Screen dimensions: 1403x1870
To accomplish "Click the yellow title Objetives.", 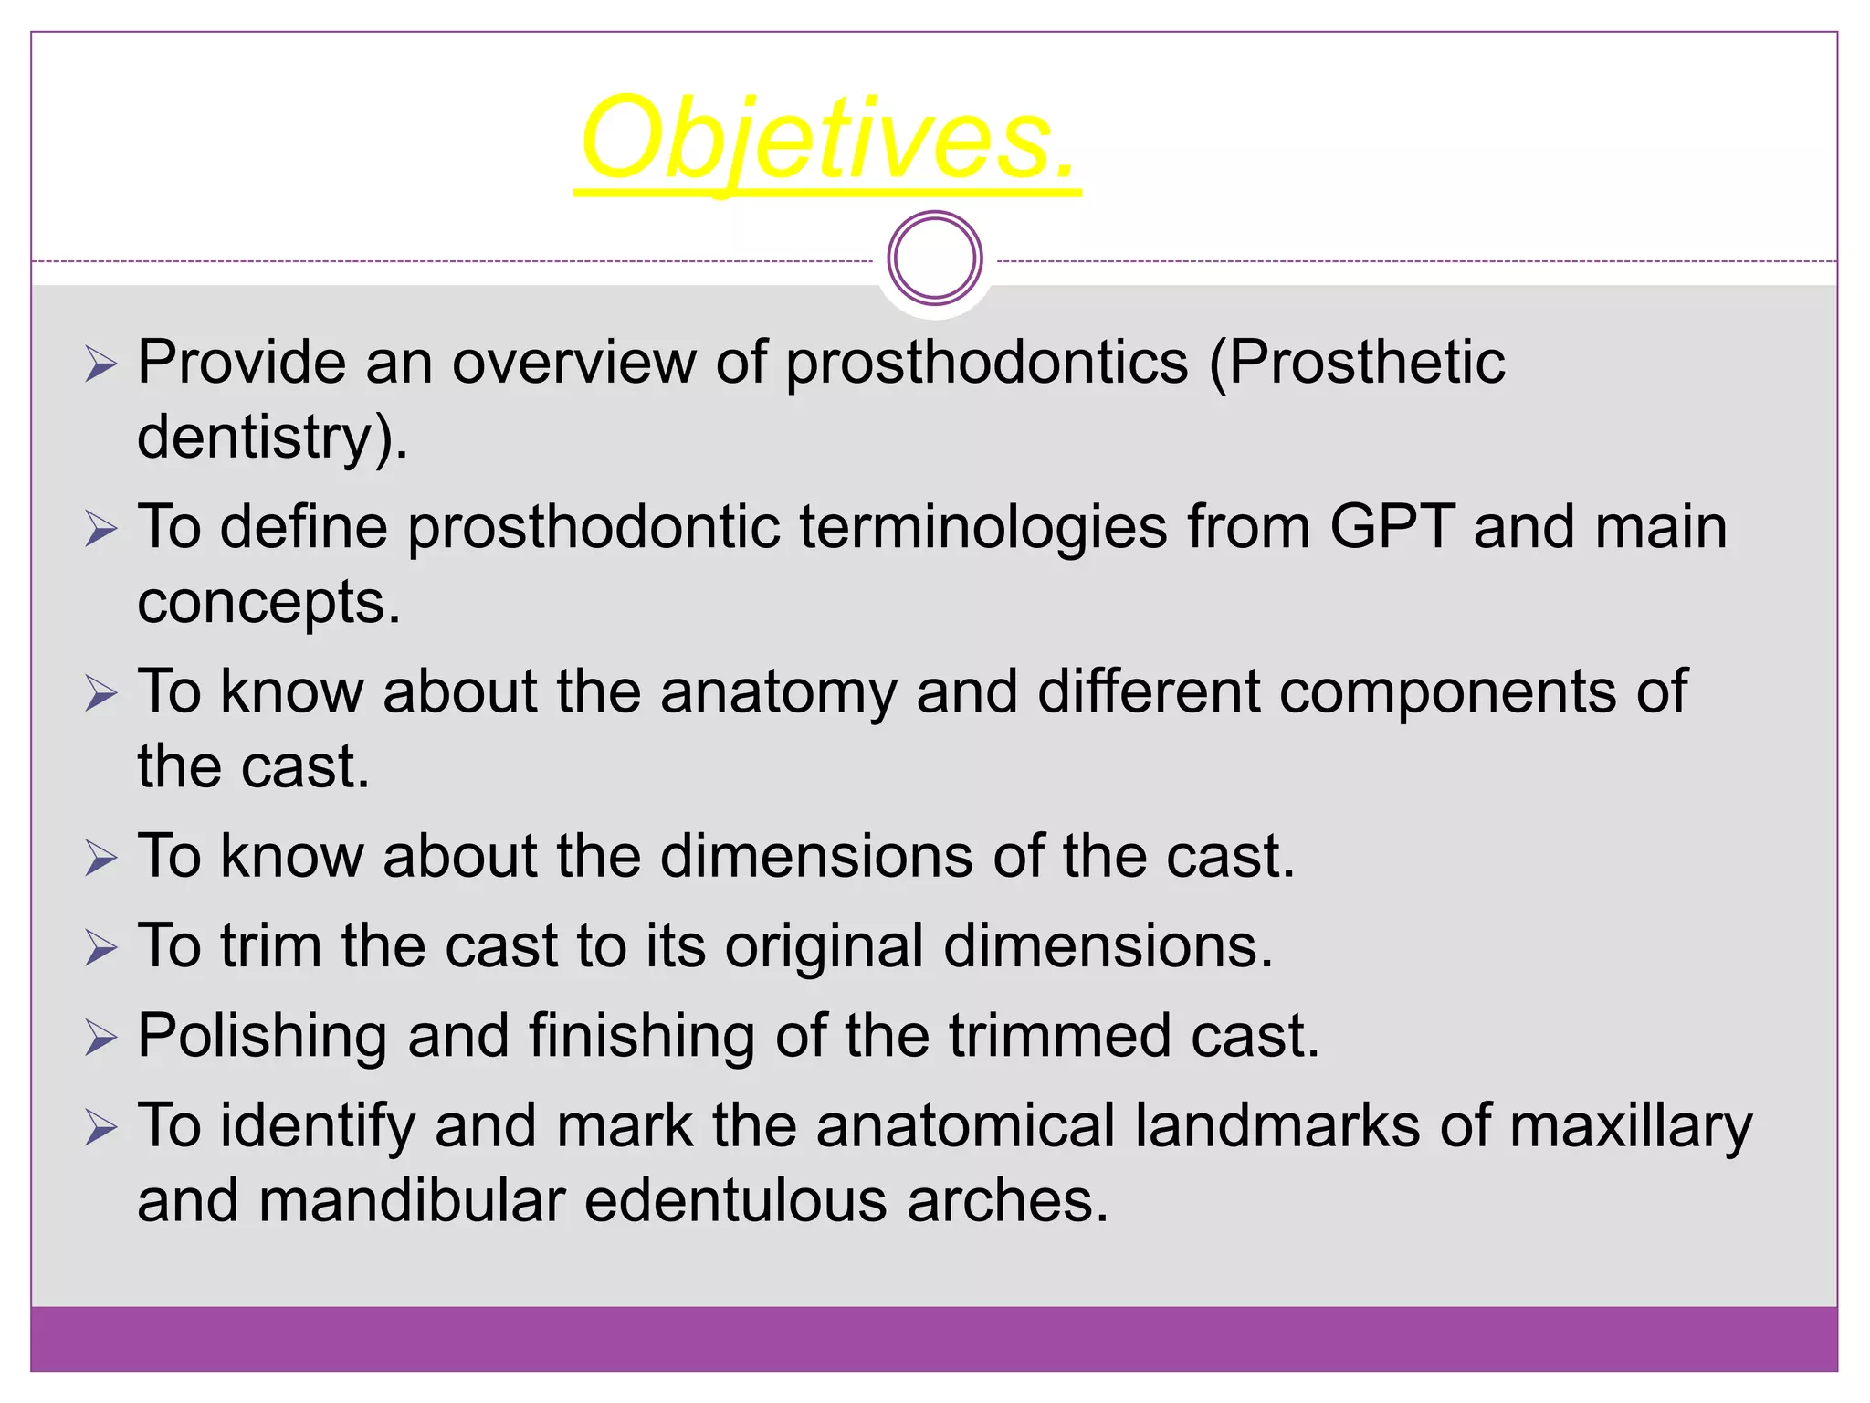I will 828,140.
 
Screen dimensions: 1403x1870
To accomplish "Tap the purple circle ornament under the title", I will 934,258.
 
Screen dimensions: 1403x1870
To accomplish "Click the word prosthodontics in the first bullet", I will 986,363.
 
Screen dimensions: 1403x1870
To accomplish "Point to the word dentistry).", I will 271,438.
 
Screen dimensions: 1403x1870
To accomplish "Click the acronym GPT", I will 1392,527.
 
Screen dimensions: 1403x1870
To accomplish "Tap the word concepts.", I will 268,603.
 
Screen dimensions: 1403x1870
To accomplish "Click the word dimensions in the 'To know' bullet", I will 816,856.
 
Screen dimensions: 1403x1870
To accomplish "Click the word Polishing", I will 262,1037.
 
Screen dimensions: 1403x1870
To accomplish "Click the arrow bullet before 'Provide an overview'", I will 101,364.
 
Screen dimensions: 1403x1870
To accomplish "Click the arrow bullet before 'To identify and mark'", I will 101,1128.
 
